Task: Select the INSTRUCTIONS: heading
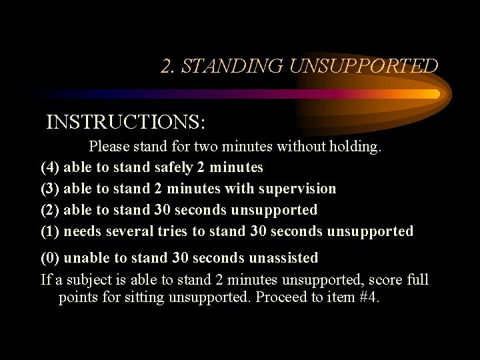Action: tap(126, 123)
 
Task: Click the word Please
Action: tap(111, 146)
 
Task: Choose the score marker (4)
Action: tap(50, 167)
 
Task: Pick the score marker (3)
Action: tap(50, 189)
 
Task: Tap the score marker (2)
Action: tap(50, 210)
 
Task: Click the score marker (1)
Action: tap(50, 231)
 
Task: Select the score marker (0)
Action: tap(50, 257)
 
